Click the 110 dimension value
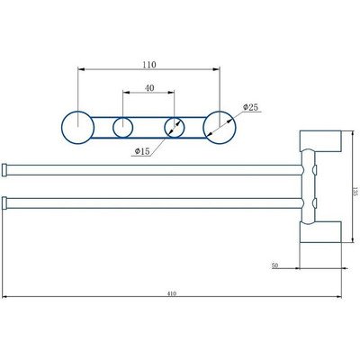point(149,65)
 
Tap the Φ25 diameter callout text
point(251,108)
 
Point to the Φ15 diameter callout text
point(141,151)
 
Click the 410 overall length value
point(173,292)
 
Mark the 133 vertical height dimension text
point(354,191)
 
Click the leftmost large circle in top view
point(78,125)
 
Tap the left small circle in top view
point(123,126)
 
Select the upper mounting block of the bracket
point(321,142)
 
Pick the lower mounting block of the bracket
point(321,231)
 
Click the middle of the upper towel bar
point(153,168)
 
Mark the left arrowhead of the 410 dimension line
point(4,297)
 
